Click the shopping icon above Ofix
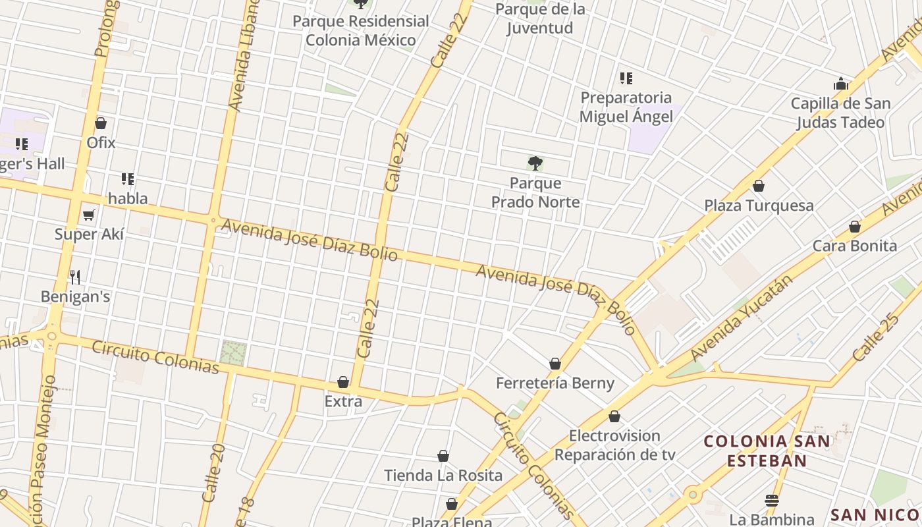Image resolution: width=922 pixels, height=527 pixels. (101, 123)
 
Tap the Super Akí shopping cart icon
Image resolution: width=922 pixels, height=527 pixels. (89, 215)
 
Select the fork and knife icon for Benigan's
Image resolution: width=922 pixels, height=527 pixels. (75, 277)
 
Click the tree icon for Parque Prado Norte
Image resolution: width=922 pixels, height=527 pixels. (535, 163)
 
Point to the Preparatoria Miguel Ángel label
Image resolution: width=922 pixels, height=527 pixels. (626, 107)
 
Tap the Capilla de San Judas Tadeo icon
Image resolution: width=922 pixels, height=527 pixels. (841, 84)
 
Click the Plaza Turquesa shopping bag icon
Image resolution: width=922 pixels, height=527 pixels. (759, 186)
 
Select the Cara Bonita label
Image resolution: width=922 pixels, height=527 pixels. (854, 246)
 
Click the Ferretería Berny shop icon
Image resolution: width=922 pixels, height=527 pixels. (555, 364)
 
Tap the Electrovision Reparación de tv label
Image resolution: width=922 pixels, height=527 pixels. (614, 445)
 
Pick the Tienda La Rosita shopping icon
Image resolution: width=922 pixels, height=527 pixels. (443, 456)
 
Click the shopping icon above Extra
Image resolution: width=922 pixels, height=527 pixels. (343, 382)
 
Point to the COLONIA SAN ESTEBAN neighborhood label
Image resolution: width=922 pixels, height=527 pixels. (767, 451)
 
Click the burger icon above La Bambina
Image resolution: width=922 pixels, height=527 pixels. (772, 500)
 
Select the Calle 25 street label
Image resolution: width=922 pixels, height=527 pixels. (875, 337)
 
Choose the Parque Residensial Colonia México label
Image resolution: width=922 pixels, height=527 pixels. (360, 30)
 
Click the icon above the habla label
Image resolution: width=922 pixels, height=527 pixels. (128, 179)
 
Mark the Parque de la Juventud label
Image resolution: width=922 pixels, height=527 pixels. (539, 18)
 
